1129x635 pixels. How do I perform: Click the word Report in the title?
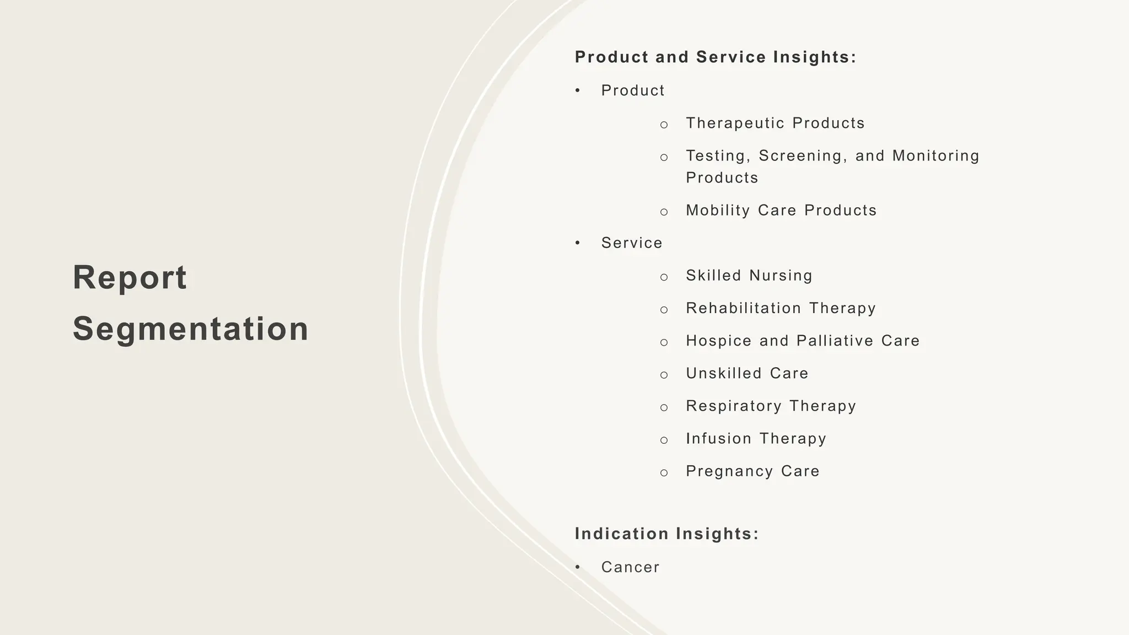coord(130,277)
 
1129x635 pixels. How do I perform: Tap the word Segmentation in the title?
coord(191,329)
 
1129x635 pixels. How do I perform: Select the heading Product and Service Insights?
coord(716,57)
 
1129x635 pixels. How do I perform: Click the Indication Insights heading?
coord(667,534)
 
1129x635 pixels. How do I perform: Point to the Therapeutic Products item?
coord(775,123)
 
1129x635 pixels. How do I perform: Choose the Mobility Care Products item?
coord(781,210)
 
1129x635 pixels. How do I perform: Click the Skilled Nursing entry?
coord(749,275)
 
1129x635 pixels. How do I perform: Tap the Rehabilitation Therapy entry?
coord(781,308)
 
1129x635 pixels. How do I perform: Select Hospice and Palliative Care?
coord(803,341)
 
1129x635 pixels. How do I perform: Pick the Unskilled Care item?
coord(747,373)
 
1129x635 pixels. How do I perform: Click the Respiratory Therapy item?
coord(771,406)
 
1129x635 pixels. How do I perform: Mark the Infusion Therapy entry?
coord(756,438)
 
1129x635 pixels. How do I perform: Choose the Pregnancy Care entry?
coord(752,471)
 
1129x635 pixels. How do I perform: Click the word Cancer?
coord(630,567)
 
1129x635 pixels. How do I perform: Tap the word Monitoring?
coord(936,156)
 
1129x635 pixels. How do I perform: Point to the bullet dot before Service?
coord(577,243)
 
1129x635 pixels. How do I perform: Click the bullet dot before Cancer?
coord(577,567)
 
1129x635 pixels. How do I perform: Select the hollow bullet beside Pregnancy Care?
coord(664,472)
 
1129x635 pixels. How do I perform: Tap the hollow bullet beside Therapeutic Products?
coord(664,125)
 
